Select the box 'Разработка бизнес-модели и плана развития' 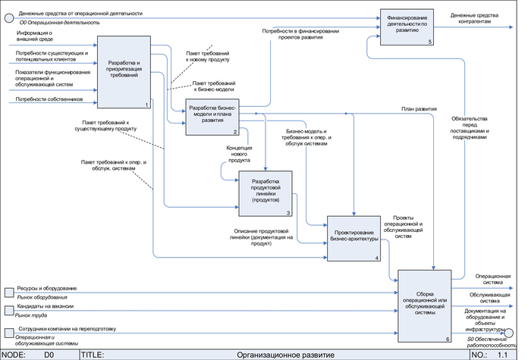click(212, 114)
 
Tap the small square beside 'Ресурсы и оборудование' click(8, 292)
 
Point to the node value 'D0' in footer click(49, 354)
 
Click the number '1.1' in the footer click(501, 354)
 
